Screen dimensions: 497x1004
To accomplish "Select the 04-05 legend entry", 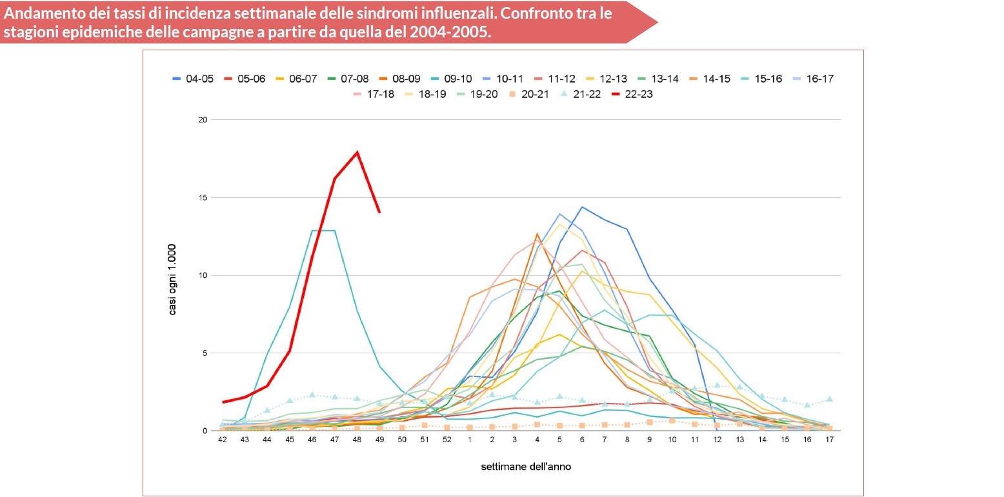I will [x=192, y=79].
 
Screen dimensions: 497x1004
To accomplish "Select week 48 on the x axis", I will [x=357, y=440].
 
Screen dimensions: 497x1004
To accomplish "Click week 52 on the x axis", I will [x=447, y=440].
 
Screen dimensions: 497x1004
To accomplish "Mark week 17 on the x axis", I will [x=829, y=440].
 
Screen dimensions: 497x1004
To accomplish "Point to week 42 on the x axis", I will [x=222, y=440].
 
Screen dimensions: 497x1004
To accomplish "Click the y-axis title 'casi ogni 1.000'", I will [x=173, y=280].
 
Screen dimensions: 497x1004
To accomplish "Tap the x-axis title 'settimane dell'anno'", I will [x=525, y=466].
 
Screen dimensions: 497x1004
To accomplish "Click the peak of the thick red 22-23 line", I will [x=357, y=153].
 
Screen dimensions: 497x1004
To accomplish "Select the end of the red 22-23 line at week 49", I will [x=379, y=211].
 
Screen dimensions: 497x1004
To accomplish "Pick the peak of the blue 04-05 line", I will [x=582, y=207].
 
